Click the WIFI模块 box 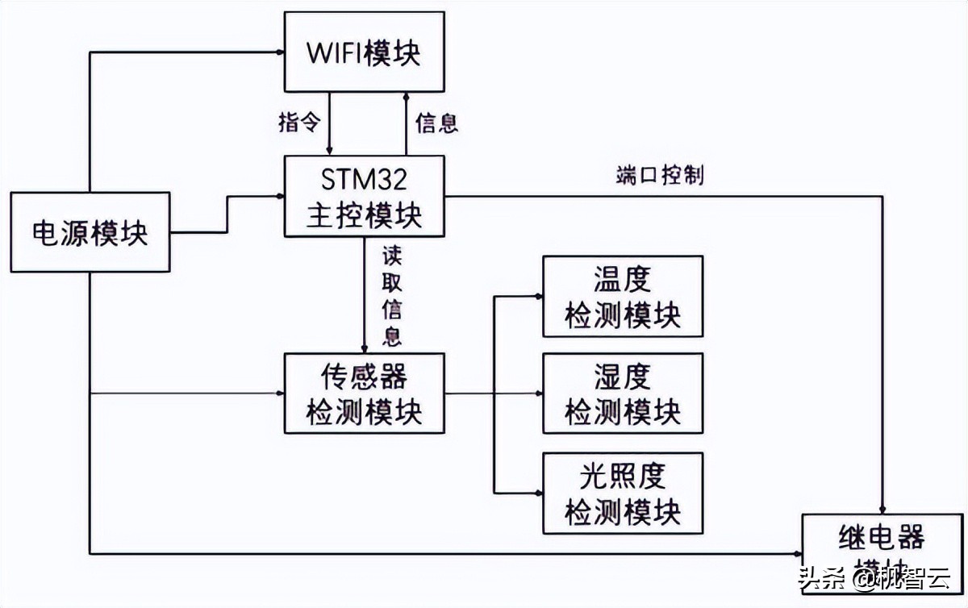(x=364, y=52)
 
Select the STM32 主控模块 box (x=364, y=196)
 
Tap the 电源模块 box (x=90, y=232)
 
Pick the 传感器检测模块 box (x=364, y=393)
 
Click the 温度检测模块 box (x=622, y=296)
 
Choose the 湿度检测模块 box (x=622, y=393)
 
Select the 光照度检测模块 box (x=622, y=493)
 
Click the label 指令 (x=299, y=123)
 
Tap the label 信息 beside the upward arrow (x=436, y=123)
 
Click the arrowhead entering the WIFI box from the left (x=279, y=52)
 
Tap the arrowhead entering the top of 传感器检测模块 (x=364, y=348)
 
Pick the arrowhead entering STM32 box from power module (x=279, y=196)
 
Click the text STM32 (x=364, y=177)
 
